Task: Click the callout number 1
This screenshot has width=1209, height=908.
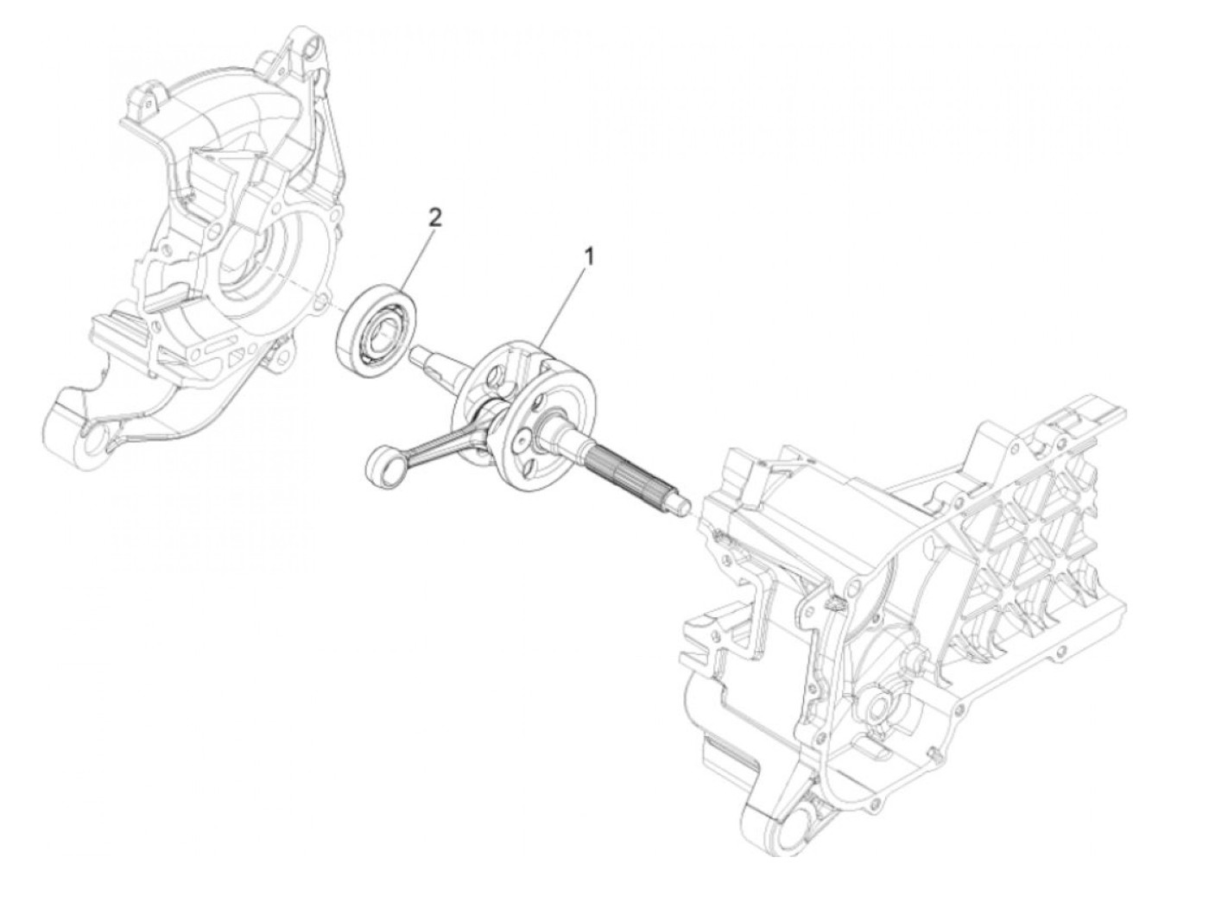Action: pos(590,256)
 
